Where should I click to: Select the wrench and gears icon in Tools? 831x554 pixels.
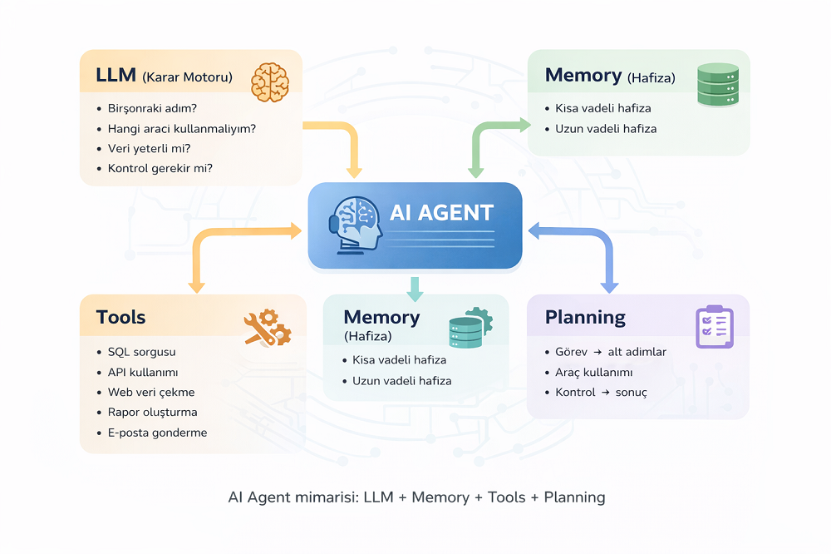coord(267,327)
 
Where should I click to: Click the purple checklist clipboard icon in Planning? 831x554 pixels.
coord(714,326)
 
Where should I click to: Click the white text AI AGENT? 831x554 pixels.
coord(441,212)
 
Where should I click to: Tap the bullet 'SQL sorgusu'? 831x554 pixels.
coord(141,352)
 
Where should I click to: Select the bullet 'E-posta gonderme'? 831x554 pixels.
coord(157,433)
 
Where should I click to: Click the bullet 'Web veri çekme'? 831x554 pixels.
coord(151,392)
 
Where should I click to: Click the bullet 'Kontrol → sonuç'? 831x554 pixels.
coord(601,392)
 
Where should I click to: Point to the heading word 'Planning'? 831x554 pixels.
coord(585,317)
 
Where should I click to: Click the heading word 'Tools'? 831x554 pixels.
coord(120,317)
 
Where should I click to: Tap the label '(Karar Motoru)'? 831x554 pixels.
coord(187,77)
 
